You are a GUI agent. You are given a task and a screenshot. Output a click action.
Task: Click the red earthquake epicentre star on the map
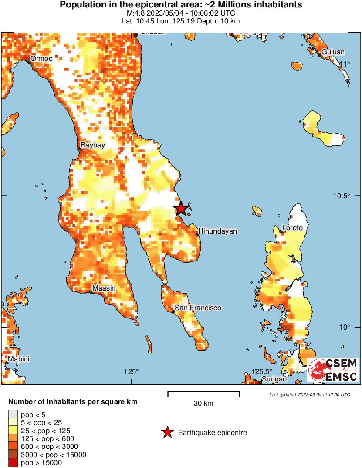coord(181,209)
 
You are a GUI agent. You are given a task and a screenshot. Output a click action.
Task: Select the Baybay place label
coord(93,145)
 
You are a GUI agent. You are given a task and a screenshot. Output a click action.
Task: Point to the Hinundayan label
coord(218,231)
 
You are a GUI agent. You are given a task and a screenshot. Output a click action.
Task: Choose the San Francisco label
coord(198,308)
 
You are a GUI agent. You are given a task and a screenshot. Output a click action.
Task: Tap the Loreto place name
coord(292,227)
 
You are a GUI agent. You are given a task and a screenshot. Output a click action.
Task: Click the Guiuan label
coord(333,52)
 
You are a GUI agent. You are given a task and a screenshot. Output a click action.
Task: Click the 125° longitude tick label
coord(131,371)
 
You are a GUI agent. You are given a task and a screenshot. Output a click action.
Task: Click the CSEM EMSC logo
coord(333,370)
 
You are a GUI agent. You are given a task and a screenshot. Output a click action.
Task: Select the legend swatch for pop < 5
coord(13,414)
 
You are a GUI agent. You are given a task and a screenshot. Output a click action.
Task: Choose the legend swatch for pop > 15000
coord(13,463)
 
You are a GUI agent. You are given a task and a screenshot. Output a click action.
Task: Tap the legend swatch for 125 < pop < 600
coord(13,438)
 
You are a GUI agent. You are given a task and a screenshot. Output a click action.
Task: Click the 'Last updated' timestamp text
coord(309,395)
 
